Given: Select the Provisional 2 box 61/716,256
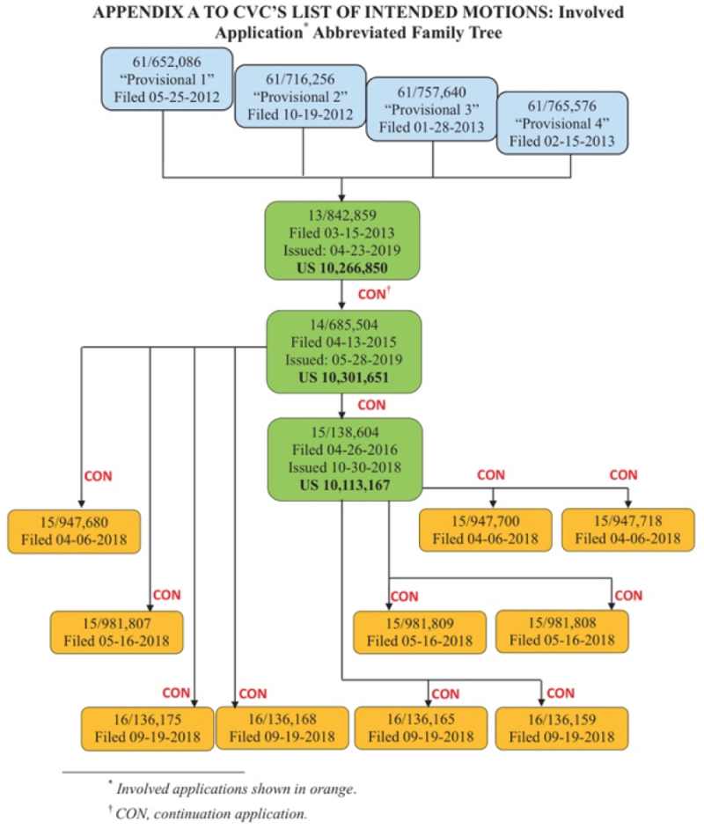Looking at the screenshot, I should (302, 95).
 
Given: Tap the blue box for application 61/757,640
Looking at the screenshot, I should (432, 108).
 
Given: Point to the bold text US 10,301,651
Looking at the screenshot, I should (344, 379).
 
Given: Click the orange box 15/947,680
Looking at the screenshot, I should (74, 530).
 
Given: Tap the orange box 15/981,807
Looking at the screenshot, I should (116, 630).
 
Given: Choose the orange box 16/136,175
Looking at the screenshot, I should (146, 727).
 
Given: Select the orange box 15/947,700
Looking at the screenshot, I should (485, 530).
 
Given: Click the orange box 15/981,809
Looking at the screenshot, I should (419, 630).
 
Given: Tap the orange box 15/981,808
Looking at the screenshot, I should (563, 630).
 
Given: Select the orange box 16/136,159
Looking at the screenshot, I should (563, 727).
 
